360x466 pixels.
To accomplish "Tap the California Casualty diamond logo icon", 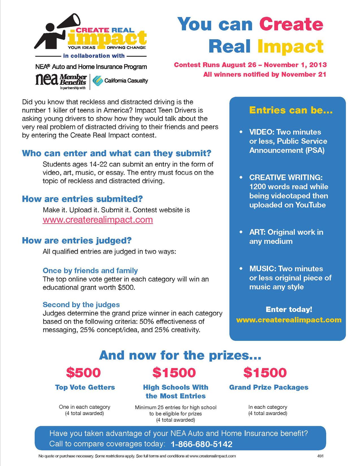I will coord(98,81).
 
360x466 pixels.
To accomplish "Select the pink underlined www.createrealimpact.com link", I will coord(98,220).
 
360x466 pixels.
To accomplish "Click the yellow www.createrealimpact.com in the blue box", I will coord(289,320).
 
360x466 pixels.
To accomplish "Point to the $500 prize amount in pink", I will coord(83,373).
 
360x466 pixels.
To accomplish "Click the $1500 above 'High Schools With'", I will coord(174,373).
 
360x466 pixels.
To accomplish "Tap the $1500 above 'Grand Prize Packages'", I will coord(265,373).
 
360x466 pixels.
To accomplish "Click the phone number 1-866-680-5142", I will coord(202,444).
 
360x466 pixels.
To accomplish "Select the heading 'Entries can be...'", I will coord(291,110).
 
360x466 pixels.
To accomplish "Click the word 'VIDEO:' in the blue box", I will coord(261,132).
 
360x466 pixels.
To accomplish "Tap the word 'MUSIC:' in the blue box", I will coord(262,269).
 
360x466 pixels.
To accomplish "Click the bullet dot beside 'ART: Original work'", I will coord(241,232).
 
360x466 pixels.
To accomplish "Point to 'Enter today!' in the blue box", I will coord(289,310).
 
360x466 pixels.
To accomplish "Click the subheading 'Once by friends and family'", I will coord(90,271).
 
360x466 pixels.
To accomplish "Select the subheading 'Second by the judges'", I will coord(81,305).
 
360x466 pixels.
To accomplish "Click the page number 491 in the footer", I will coord(320,456).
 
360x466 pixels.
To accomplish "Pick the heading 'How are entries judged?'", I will coord(77,241).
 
